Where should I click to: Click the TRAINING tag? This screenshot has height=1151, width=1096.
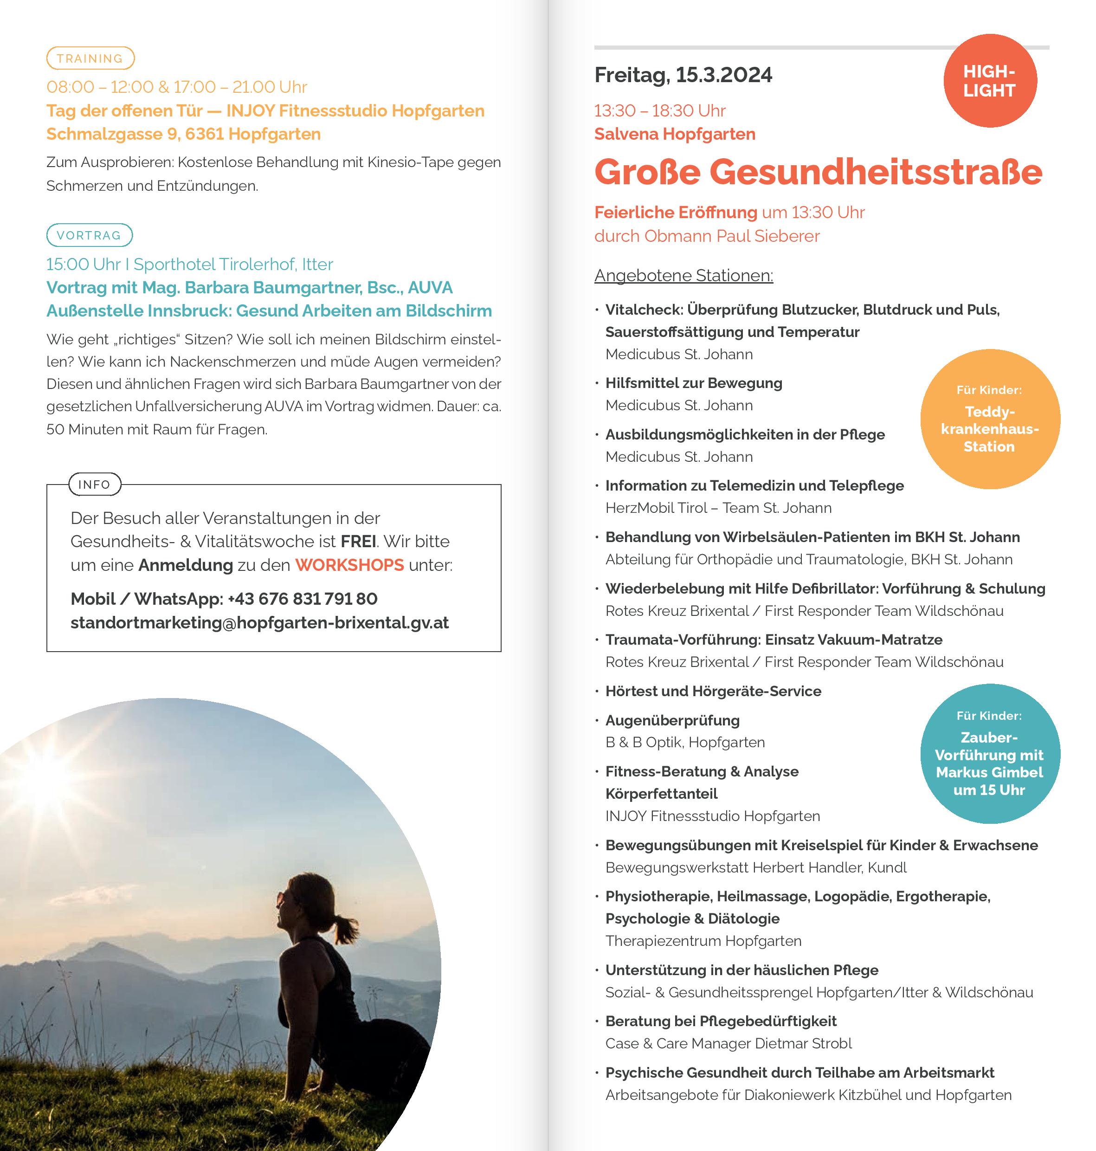[x=90, y=58]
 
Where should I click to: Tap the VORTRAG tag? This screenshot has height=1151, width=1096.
[x=90, y=235]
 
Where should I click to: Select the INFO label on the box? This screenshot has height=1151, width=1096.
[x=95, y=485]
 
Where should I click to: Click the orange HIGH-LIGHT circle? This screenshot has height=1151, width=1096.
[x=990, y=81]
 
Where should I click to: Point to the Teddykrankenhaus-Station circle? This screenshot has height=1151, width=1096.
[x=990, y=420]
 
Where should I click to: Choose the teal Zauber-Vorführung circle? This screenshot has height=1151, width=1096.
[x=990, y=754]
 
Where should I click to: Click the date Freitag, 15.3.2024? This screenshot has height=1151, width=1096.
[x=683, y=75]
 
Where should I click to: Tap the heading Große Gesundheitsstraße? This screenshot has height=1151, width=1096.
[x=818, y=172]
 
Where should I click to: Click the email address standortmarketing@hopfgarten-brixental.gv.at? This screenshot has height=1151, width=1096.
[x=259, y=623]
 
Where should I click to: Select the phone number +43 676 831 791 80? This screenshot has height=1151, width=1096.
[x=302, y=599]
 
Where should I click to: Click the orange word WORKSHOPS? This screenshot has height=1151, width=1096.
[x=349, y=565]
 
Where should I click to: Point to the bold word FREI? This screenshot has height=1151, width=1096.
[x=358, y=541]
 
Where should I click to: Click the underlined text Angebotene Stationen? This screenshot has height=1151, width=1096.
[x=683, y=275]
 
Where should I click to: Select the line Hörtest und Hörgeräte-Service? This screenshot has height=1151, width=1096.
[x=713, y=691]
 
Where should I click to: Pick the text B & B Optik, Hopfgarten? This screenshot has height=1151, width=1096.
[x=685, y=743]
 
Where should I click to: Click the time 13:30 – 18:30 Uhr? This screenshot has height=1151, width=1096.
[x=659, y=110]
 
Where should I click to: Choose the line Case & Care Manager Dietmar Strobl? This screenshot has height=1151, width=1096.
[x=729, y=1043]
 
